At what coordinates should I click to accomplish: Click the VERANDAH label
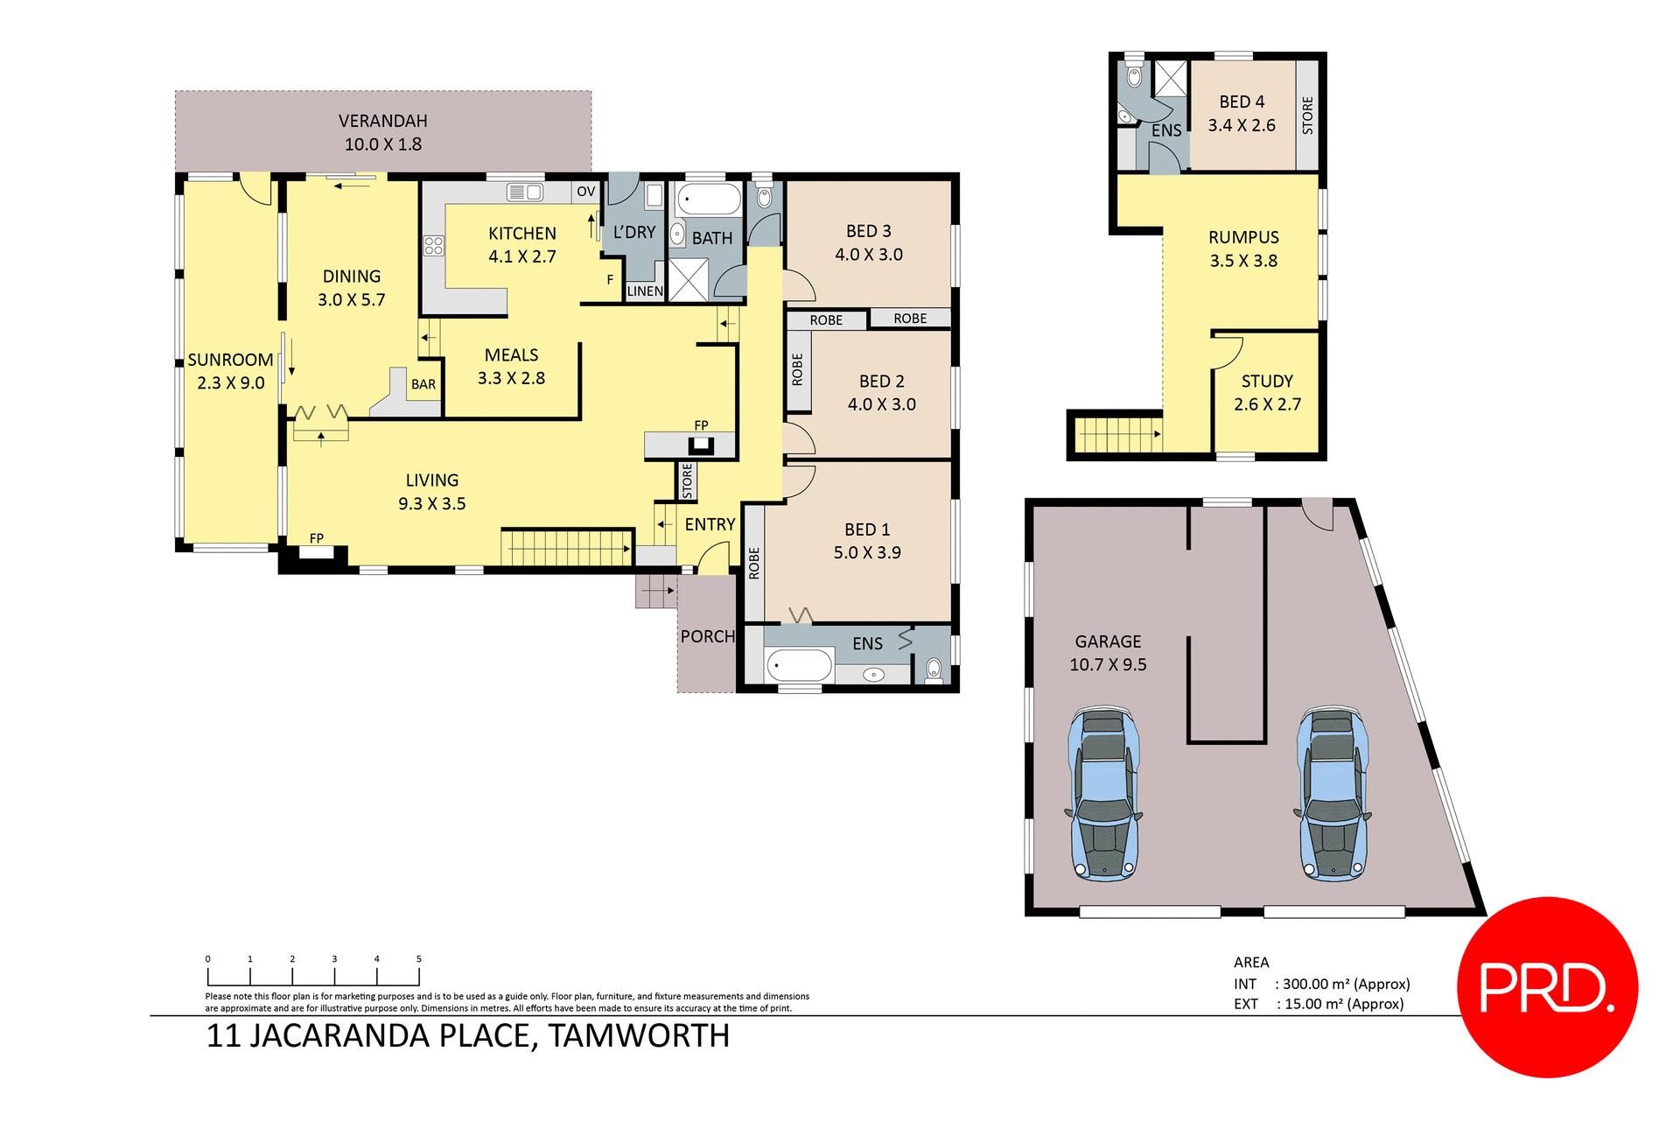(382, 121)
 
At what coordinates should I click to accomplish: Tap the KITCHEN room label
(521, 234)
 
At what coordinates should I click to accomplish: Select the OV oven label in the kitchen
(585, 192)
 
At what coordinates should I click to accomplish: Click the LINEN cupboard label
(645, 291)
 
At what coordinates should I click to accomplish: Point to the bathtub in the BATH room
(710, 200)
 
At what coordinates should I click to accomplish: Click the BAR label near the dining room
(423, 384)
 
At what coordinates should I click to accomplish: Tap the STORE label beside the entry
(687, 481)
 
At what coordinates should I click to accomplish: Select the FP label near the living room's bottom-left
(317, 538)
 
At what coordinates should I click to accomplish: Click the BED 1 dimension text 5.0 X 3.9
(866, 553)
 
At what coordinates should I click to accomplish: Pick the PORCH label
(707, 637)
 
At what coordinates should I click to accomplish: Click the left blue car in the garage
(1104, 794)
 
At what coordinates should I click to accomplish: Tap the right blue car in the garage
(1333, 794)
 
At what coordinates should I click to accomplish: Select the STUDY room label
(1266, 382)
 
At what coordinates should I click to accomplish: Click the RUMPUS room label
(1242, 238)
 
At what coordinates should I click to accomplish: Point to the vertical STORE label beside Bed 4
(1307, 116)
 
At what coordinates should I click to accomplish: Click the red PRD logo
(1546, 987)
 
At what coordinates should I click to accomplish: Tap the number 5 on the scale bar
(419, 959)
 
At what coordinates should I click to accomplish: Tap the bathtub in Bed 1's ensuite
(799, 666)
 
